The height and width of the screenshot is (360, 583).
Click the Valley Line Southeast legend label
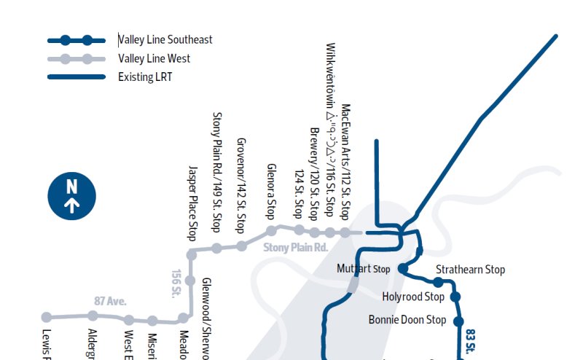coord(165,40)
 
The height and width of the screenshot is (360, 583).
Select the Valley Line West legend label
coord(155,58)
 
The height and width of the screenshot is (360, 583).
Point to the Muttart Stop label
coord(364,269)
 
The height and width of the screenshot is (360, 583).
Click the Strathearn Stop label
coord(470,270)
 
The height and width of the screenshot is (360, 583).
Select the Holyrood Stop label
coord(413,297)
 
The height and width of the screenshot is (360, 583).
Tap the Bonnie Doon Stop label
coord(407,319)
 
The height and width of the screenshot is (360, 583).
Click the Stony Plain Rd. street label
coord(296,248)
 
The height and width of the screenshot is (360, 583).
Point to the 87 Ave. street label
coord(110,300)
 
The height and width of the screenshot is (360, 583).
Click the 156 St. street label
coord(176,284)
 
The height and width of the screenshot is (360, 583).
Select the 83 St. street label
coord(470,341)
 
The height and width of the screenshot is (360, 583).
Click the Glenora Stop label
coord(271,192)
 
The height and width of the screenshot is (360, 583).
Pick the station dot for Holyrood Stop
coord(455,297)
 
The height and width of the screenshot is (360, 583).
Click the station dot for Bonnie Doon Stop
coord(459,321)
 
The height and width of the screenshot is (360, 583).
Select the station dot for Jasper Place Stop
coord(192,254)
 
